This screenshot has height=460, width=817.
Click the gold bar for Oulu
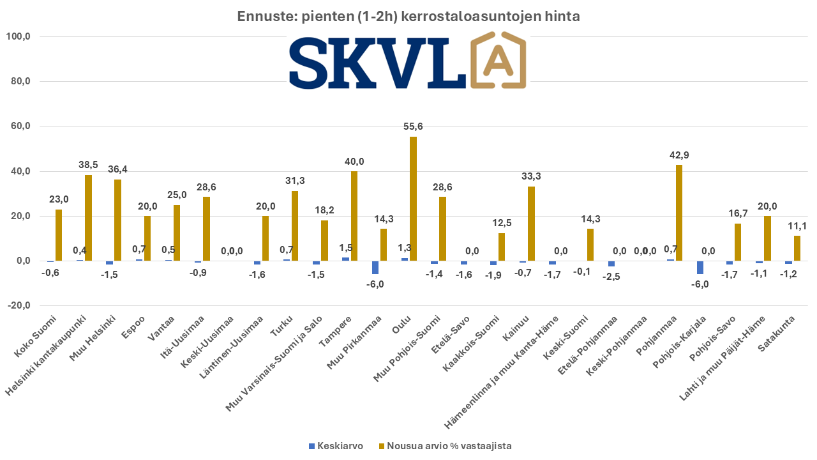click(x=414, y=199)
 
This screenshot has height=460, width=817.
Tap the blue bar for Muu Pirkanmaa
click(x=375, y=267)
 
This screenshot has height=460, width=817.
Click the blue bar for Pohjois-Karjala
click(x=700, y=267)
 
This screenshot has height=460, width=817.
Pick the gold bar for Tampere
click(x=354, y=216)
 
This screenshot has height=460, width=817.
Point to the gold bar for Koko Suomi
click(x=59, y=235)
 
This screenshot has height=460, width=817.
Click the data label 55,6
click(x=413, y=126)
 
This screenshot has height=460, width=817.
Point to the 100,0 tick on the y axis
click(x=18, y=37)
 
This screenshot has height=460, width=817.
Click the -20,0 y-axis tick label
click(x=18, y=305)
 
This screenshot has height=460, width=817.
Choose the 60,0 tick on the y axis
click(x=18, y=126)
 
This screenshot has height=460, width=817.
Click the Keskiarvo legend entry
click(x=336, y=446)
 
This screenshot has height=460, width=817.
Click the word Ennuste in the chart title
click(x=262, y=17)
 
